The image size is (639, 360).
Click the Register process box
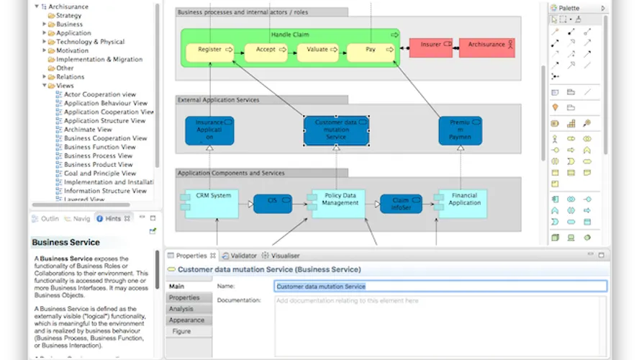click(x=209, y=50)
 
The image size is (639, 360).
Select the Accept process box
click(x=266, y=50)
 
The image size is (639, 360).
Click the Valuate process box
click(x=317, y=50)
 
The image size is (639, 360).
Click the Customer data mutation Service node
click(x=336, y=130)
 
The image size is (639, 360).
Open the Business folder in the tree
click(x=69, y=24)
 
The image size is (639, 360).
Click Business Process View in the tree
click(x=98, y=156)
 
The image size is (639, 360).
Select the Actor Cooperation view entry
click(x=99, y=94)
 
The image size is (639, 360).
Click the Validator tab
click(x=243, y=256)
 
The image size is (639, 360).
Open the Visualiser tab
click(x=285, y=256)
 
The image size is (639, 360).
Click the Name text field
click(x=440, y=286)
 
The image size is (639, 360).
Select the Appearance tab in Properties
click(x=186, y=320)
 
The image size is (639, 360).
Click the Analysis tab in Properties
click(x=181, y=309)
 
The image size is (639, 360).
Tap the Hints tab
click(x=113, y=218)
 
